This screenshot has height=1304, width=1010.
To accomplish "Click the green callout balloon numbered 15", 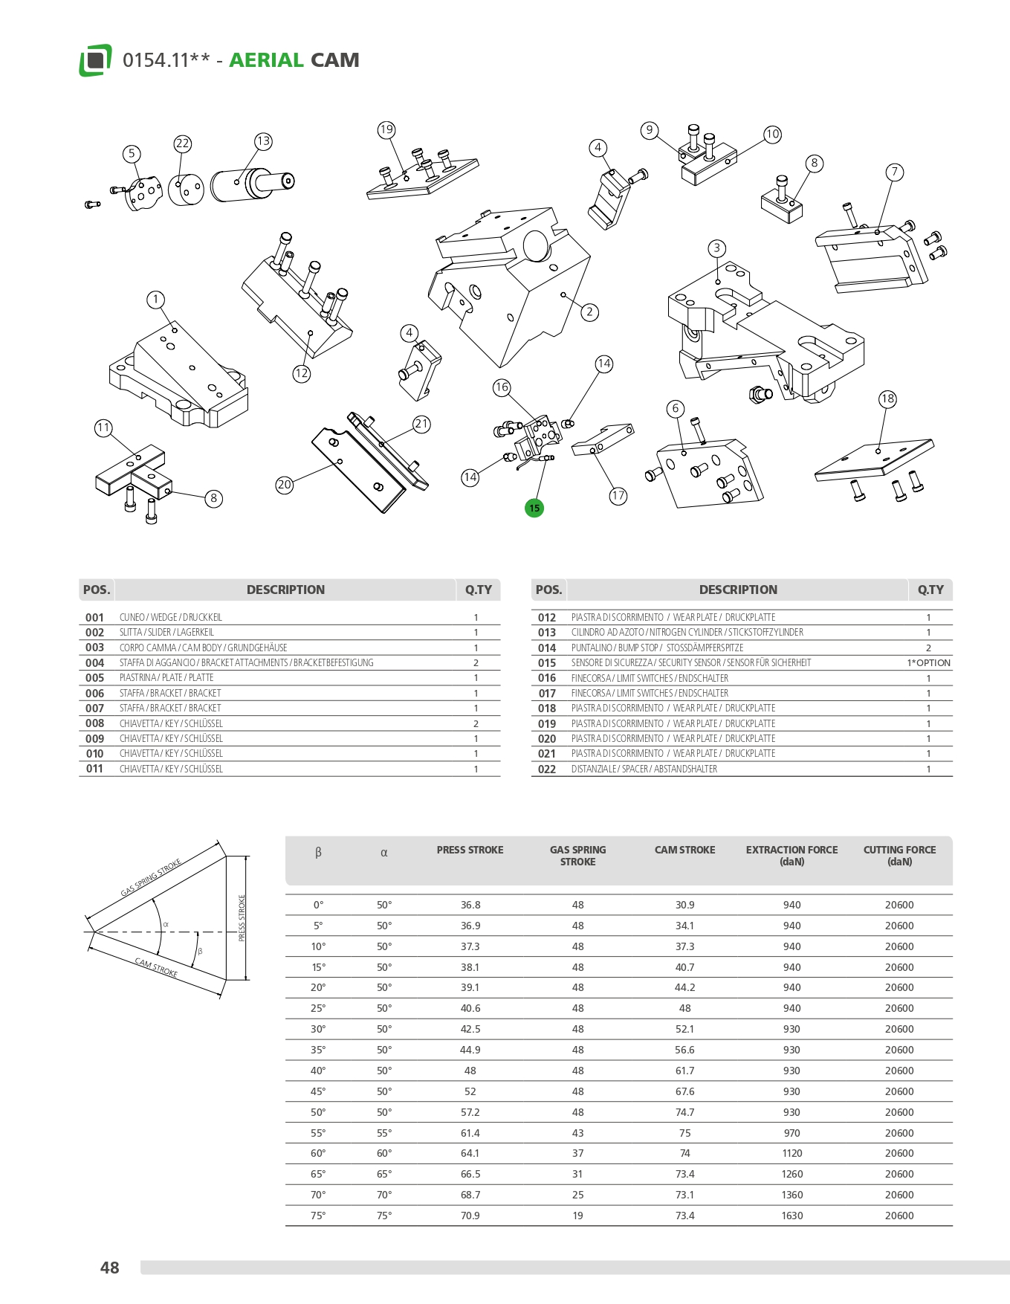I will [534, 509].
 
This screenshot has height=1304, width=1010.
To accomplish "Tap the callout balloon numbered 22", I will [183, 143].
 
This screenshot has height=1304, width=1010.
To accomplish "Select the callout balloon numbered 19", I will [386, 130].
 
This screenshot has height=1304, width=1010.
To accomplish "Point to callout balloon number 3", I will [716, 248].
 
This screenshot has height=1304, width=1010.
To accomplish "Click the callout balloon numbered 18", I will [887, 398].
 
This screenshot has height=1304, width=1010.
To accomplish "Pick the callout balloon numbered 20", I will [285, 485].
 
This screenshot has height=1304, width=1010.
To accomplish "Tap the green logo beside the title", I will [95, 60].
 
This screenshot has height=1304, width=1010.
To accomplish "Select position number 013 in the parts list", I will [547, 633].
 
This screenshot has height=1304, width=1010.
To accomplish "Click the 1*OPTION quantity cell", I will [928, 663].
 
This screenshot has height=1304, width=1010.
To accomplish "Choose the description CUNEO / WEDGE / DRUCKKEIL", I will [171, 618].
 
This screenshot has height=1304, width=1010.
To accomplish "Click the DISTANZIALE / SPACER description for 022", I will [644, 769].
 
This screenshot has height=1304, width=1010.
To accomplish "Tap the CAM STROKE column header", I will [684, 850].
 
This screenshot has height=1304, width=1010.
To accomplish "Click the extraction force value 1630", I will [792, 1216].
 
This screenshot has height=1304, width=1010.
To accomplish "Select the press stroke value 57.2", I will [470, 1112].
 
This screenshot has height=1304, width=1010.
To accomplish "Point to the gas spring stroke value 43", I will [577, 1133].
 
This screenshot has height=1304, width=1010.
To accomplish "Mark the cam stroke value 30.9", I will [684, 905].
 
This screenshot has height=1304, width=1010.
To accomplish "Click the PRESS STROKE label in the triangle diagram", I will [242, 918].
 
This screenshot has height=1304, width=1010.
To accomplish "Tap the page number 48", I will [109, 1268].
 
